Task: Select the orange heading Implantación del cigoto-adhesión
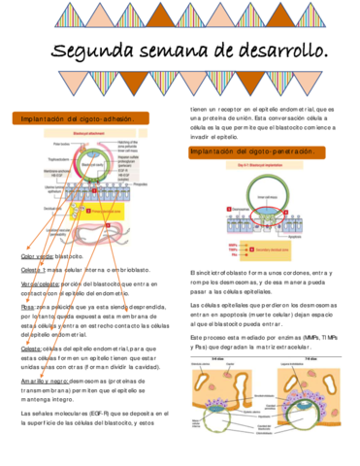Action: coord(78,118)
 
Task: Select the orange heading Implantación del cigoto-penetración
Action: coord(252,152)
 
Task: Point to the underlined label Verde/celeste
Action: coord(42,282)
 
